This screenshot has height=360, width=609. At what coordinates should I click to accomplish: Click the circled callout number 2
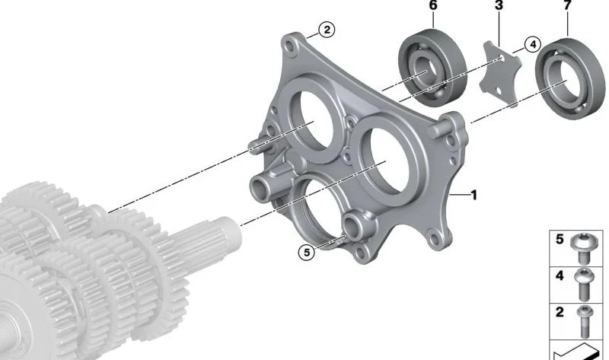click(x=325, y=30)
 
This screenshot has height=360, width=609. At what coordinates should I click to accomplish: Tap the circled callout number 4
click(x=531, y=44)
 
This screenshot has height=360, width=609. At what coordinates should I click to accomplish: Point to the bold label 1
click(x=473, y=196)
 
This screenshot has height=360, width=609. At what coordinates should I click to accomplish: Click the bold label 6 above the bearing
click(x=432, y=6)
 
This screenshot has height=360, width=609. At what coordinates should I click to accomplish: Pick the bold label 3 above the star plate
click(x=499, y=6)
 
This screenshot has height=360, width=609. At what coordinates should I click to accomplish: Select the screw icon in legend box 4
click(x=585, y=284)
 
